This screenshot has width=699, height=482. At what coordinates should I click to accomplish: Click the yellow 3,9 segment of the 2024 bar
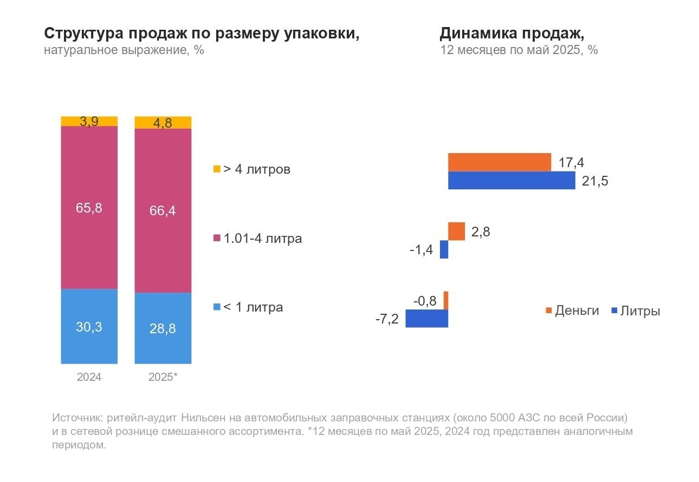click(x=89, y=121)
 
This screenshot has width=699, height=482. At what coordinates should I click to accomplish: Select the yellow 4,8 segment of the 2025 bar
click(x=163, y=123)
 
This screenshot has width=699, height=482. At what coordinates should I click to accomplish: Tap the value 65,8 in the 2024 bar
click(x=89, y=208)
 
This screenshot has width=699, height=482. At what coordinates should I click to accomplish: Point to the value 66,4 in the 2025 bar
click(x=163, y=211)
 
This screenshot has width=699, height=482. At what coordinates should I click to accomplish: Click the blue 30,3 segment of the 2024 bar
click(x=89, y=326)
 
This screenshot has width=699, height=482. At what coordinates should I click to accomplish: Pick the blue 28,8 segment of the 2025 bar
click(x=163, y=328)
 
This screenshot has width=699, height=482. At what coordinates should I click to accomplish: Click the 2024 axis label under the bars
click(x=89, y=377)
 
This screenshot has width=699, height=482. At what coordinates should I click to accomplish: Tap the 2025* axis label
click(x=163, y=377)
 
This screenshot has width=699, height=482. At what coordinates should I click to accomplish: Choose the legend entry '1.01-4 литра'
click(x=257, y=239)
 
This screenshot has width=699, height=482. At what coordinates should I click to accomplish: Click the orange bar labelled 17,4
click(x=499, y=162)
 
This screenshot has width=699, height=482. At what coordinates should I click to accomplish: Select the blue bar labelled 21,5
click(x=511, y=181)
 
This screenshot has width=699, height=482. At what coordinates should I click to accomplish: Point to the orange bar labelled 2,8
click(x=456, y=231)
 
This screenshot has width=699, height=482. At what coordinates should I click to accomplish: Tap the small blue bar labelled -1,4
click(x=444, y=249)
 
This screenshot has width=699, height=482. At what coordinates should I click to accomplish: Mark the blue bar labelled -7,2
click(x=426, y=318)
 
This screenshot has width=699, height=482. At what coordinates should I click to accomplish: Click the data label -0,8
click(x=424, y=300)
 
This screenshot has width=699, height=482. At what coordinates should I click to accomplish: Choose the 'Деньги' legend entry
click(x=572, y=311)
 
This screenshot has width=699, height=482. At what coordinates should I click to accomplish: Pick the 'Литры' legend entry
click(x=635, y=311)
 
